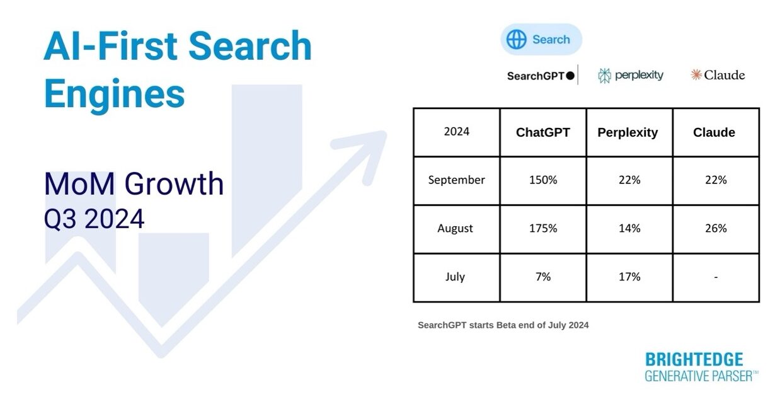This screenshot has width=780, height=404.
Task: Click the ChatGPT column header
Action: pos(543,132)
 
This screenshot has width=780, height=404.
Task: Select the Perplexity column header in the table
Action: pos(628,133)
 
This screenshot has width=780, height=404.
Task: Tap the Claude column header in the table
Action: pos(714,132)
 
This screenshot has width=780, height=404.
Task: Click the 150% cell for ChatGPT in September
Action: pos(543,180)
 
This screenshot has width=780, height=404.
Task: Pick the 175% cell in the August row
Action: pos(543,228)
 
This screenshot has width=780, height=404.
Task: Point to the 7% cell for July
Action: pos(543,277)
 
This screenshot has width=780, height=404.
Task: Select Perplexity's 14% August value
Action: pos(629,228)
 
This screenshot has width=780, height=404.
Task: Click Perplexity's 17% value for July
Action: pos(629,277)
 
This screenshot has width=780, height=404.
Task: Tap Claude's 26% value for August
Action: pos(716,228)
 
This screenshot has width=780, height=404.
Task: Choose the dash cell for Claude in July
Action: pos(716,277)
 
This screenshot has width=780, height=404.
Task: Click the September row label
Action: pos(457,180)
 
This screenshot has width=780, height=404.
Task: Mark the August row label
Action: pos(455,228)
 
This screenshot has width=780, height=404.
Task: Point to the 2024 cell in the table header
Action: pos(457,131)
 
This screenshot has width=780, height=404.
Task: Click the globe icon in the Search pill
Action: pos(517,39)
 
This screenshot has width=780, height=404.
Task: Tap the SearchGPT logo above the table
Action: pos(541,76)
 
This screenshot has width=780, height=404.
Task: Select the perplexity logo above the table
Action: pos(631,75)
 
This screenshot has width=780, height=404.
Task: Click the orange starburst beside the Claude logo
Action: pos(696,74)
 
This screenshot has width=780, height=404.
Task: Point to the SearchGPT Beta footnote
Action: pos(503,325)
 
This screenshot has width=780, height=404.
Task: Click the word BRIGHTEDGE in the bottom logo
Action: pos(694,359)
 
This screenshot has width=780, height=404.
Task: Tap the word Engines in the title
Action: pos(115,94)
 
